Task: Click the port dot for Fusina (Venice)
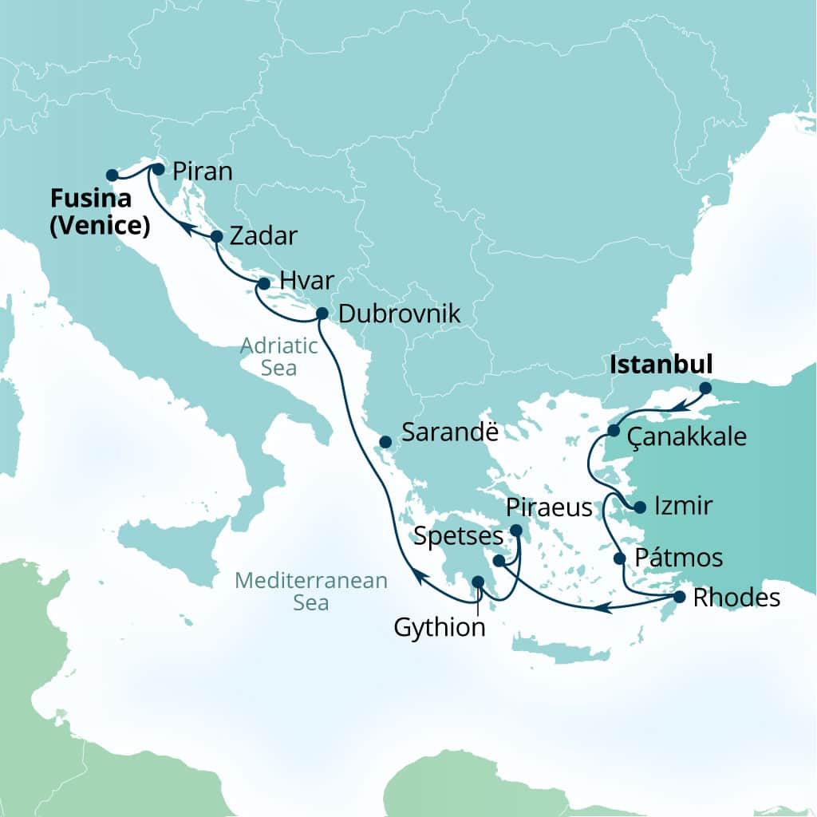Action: (112, 175)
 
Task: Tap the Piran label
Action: (202, 172)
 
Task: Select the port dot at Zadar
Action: (216, 236)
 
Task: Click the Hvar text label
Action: (306, 281)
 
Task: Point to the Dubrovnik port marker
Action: (322, 313)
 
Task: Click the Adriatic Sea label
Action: (279, 357)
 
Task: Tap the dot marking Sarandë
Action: (385, 441)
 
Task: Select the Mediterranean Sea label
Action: (312, 590)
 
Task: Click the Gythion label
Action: (440, 627)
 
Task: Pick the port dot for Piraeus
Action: (516, 531)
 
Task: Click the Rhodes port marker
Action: (679, 597)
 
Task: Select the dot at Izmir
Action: (639, 507)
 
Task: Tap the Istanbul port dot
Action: (705, 389)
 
